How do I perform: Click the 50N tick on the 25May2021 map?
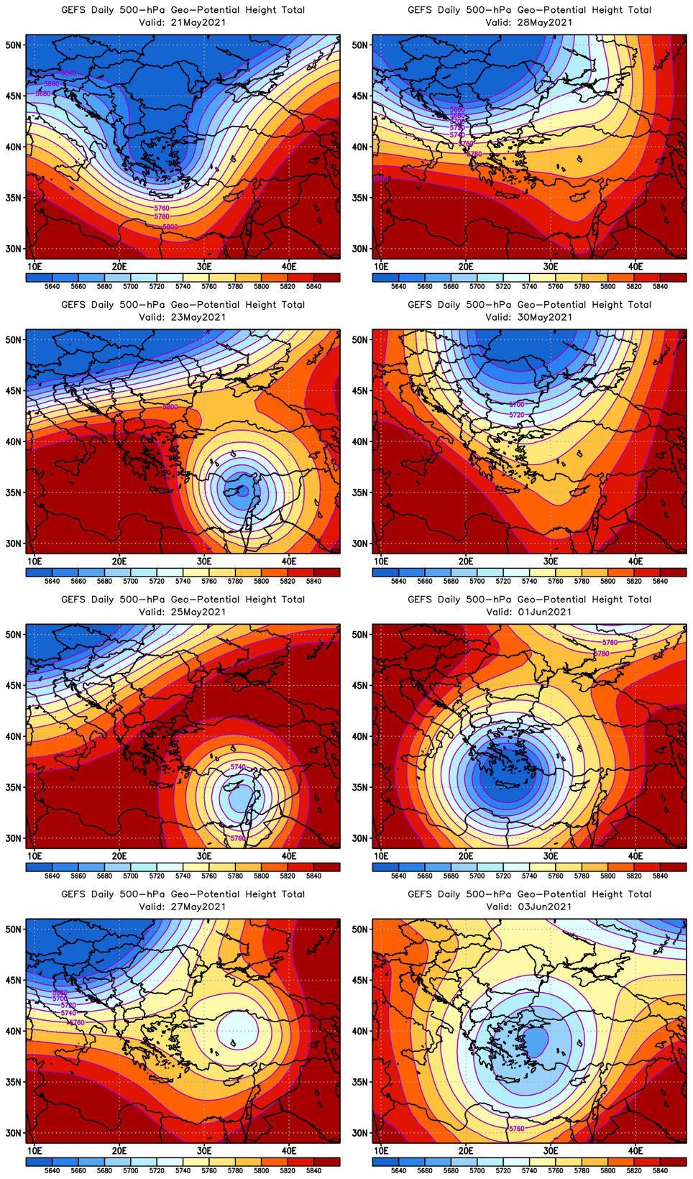(x=13, y=634)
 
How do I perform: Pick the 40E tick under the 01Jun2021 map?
(x=635, y=856)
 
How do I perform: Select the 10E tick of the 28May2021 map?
(x=381, y=267)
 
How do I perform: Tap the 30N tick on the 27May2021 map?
(x=13, y=1133)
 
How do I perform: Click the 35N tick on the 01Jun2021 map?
(x=359, y=787)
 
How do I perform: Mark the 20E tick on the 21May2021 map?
(x=119, y=267)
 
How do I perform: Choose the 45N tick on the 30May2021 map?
(x=359, y=390)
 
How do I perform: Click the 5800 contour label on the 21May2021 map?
(x=170, y=226)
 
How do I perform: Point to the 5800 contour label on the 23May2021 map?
(x=170, y=407)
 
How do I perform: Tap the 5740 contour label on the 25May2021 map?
(x=238, y=767)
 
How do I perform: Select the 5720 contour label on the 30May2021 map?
(x=517, y=415)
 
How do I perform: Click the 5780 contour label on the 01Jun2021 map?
(x=602, y=653)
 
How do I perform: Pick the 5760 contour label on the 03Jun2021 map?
(x=517, y=1129)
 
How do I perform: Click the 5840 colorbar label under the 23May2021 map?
(x=313, y=581)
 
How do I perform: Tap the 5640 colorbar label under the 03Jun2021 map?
(x=398, y=1170)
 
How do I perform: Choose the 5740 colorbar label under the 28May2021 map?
(x=529, y=286)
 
